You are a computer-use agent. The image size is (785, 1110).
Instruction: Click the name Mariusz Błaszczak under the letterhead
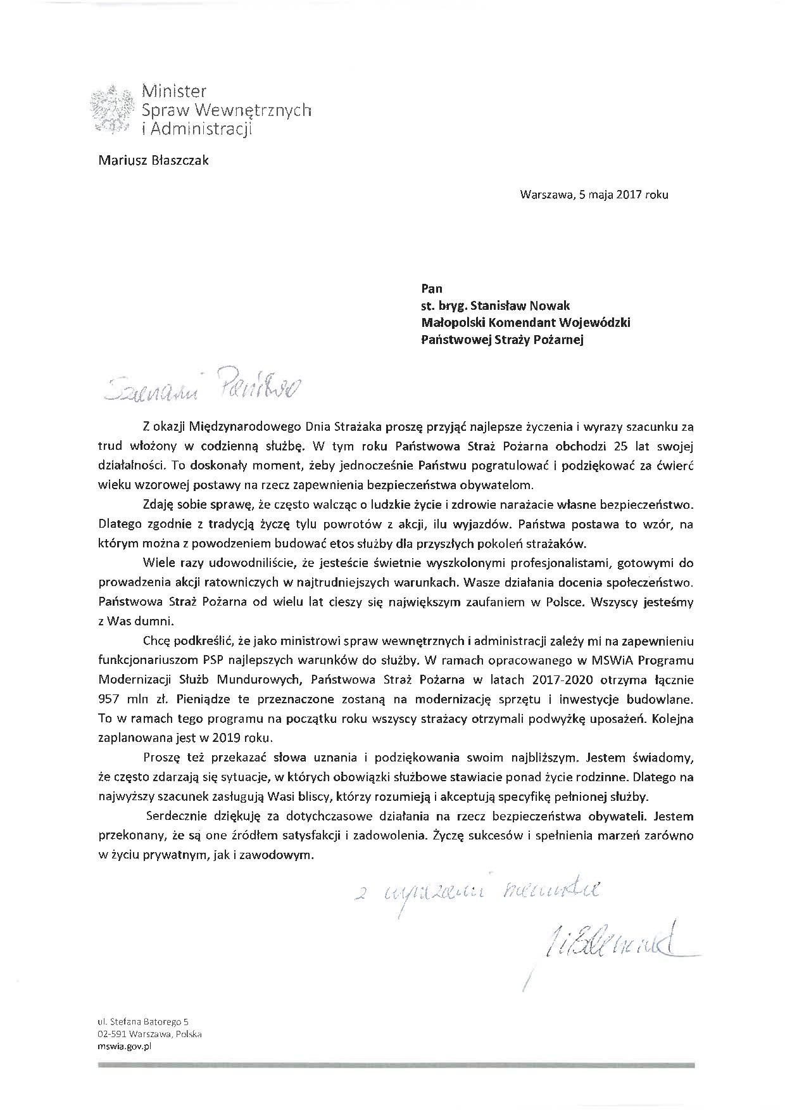(x=153, y=160)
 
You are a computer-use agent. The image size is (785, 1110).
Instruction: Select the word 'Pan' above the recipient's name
(x=432, y=288)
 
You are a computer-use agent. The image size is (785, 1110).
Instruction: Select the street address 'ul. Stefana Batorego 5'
(x=143, y=1021)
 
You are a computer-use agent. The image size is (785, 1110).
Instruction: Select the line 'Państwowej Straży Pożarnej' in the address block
(x=502, y=340)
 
